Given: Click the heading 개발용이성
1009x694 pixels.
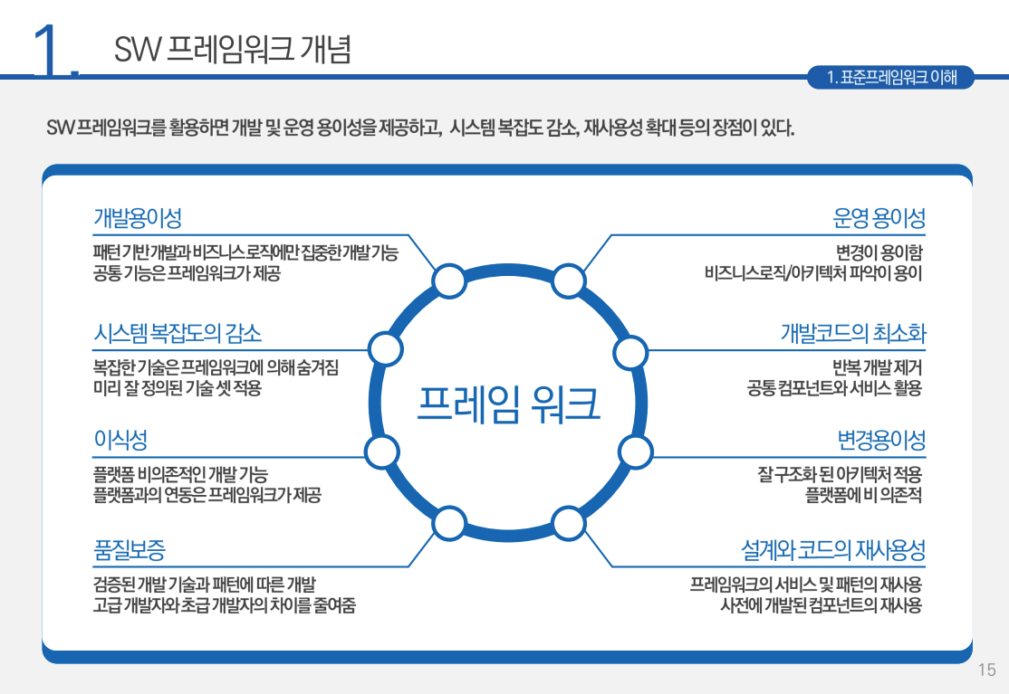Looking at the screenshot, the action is [138, 218].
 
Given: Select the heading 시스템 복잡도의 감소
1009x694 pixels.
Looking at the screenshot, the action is [178, 333].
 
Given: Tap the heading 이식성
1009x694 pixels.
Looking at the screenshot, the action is [120, 441].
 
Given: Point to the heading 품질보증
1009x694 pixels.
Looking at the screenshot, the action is [129, 549].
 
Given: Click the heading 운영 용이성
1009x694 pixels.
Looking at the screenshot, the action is [879, 218].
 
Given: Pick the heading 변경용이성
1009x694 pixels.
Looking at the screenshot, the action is [881, 441].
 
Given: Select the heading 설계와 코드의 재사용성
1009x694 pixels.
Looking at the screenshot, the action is [832, 549].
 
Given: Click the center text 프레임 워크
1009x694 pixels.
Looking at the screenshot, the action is [509, 404].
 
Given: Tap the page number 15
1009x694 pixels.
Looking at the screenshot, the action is [986, 670].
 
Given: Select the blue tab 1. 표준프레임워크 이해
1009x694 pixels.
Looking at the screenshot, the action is [892, 78].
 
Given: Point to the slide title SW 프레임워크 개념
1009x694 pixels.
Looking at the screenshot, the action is [233, 49].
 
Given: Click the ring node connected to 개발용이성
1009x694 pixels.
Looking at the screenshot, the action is [448, 281].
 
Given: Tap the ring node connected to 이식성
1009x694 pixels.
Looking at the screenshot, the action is [380, 451].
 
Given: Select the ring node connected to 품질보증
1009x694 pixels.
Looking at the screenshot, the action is [448, 523].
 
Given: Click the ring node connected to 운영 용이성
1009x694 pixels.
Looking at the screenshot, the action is [568, 281].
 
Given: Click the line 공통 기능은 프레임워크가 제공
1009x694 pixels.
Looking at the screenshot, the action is [187, 273].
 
